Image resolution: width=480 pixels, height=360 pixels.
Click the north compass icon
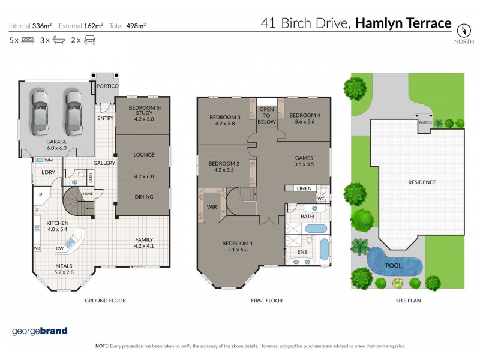click(x=463, y=29)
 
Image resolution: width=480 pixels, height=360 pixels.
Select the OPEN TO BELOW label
click(x=267, y=115)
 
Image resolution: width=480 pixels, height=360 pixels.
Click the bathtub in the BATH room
click(x=316, y=228)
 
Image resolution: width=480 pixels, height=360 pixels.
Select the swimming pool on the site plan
click(x=394, y=261)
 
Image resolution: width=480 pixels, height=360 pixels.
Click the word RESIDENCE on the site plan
click(x=422, y=182)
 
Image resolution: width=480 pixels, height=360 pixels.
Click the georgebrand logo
click(x=40, y=331)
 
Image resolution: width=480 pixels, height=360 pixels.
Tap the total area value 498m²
click(x=137, y=26)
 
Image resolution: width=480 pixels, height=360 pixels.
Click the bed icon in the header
click(x=27, y=41)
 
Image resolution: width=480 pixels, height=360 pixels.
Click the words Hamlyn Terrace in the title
click(x=403, y=23)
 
